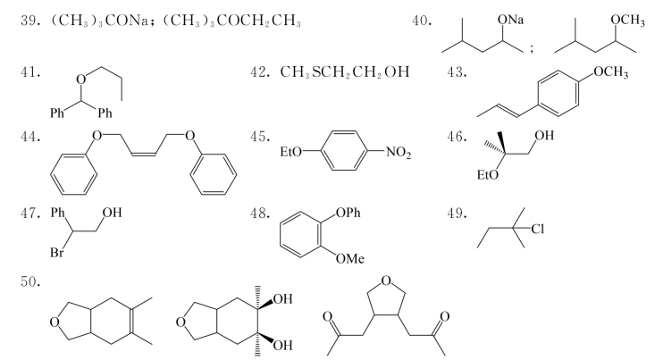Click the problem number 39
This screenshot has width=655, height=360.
click(x=30, y=21)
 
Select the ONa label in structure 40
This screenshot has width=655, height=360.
click(x=510, y=20)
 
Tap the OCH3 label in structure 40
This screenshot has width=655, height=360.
click(x=627, y=20)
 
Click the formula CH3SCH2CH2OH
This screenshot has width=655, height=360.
click(x=345, y=71)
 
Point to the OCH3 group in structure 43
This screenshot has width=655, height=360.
click(x=610, y=71)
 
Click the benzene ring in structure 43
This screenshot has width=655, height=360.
click(x=558, y=93)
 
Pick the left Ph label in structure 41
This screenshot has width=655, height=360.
click(x=57, y=113)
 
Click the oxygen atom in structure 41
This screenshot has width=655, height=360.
click(x=81, y=79)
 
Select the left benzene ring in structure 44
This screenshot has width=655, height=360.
click(x=73, y=173)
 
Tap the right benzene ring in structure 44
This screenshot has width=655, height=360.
click(x=213, y=173)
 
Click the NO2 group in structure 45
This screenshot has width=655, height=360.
click(x=399, y=152)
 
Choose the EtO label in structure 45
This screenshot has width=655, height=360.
click(x=290, y=152)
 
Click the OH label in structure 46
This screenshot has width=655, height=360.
click(x=544, y=135)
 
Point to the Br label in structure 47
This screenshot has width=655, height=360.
click(x=57, y=252)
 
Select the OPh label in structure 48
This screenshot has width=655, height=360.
click(x=348, y=213)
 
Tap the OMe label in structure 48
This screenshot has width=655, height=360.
click(x=350, y=259)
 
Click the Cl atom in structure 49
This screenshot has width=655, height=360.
click(x=538, y=229)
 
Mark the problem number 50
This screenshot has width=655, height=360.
click(x=30, y=282)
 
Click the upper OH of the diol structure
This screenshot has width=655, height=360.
click(x=282, y=299)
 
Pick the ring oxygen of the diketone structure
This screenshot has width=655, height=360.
click(x=386, y=280)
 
